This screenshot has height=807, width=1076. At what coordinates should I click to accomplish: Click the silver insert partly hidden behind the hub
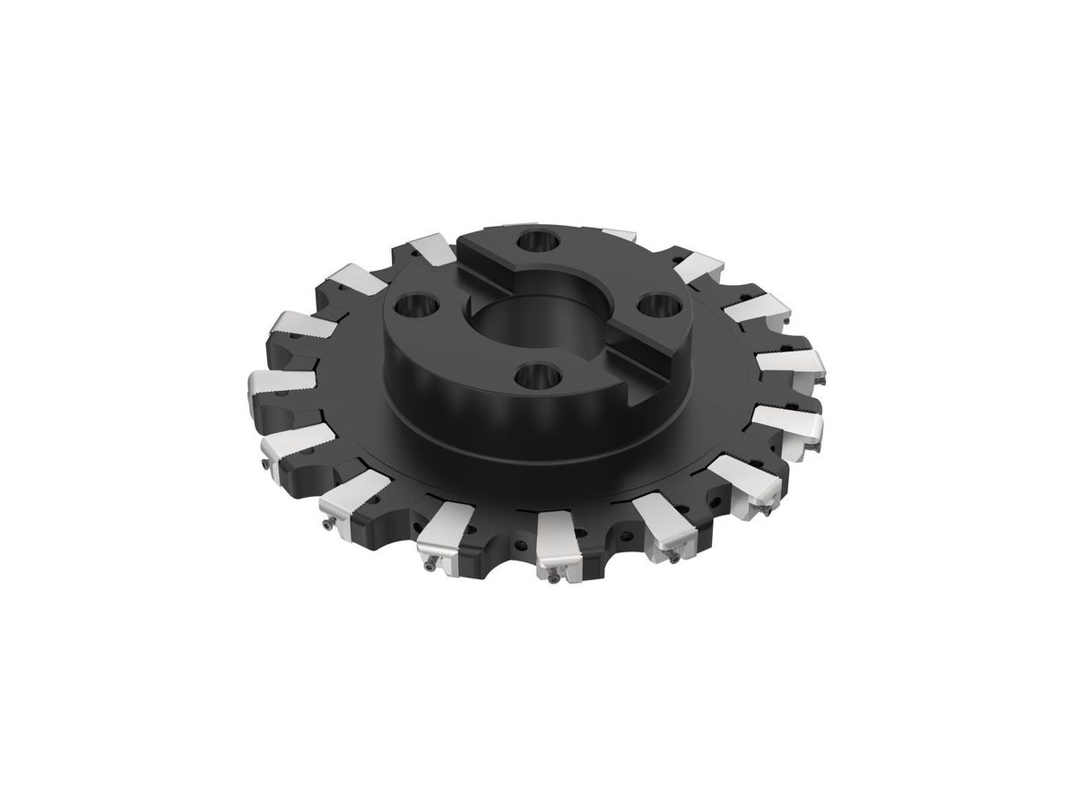619,235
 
